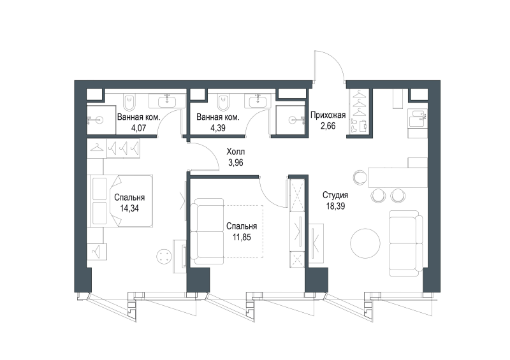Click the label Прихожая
[328, 115]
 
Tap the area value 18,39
[335, 206]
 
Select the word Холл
[236, 152]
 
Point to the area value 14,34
[129, 208]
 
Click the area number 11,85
[242, 237]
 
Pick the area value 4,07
[138, 128]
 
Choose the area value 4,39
[218, 128]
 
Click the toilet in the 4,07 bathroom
[129, 103]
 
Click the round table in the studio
[365, 243]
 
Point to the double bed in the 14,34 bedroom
[120, 201]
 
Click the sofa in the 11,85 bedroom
[207, 231]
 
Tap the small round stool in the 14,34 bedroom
[164, 256]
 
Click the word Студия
[335, 195]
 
